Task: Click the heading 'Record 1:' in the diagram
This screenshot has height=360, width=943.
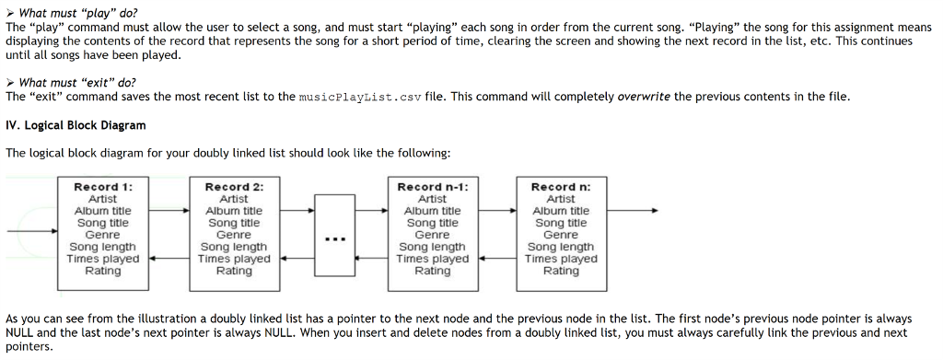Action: (102, 187)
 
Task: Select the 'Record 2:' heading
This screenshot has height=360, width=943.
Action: (234, 187)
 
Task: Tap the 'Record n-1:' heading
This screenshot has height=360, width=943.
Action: (432, 187)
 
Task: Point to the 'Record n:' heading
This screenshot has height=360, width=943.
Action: (561, 187)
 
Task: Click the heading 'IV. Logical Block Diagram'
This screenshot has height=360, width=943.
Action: (76, 125)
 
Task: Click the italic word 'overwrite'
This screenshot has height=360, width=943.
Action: (644, 97)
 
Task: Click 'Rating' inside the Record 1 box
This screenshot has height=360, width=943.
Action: (102, 272)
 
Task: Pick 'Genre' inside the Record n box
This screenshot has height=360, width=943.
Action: (561, 235)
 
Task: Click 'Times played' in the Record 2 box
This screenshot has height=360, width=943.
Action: (234, 260)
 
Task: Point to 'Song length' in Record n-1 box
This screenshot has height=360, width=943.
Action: (432, 247)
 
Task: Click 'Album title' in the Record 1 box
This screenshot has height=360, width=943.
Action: (102, 211)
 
